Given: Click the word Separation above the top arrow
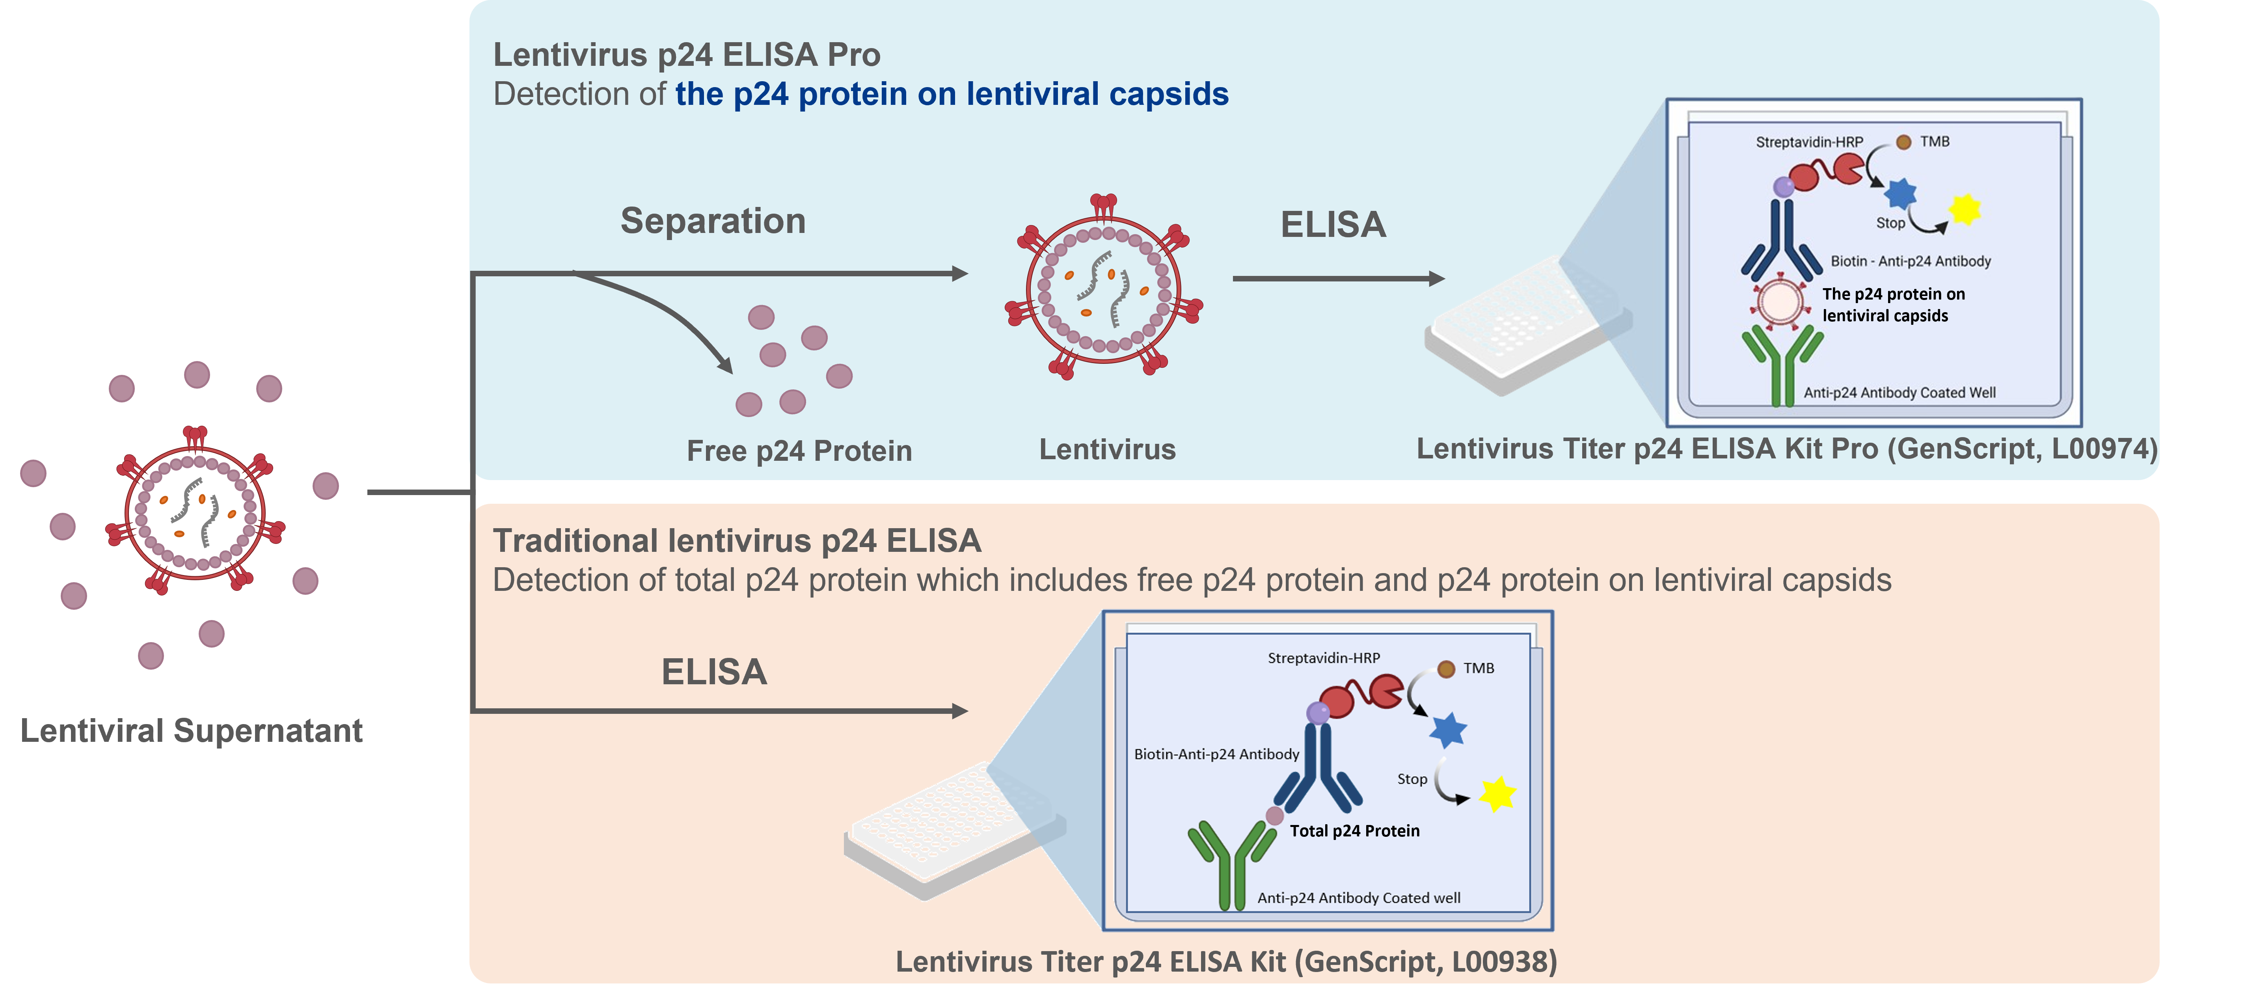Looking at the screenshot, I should pos(712,221).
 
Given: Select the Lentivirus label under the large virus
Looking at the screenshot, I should pos(1108,450).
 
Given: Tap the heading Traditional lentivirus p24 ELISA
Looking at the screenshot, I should pos(737,541).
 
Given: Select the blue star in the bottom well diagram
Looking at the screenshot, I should pos(1447,729).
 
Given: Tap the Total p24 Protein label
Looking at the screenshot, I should pos(1354,831).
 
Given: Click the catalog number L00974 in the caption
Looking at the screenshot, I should pos(2101,449).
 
